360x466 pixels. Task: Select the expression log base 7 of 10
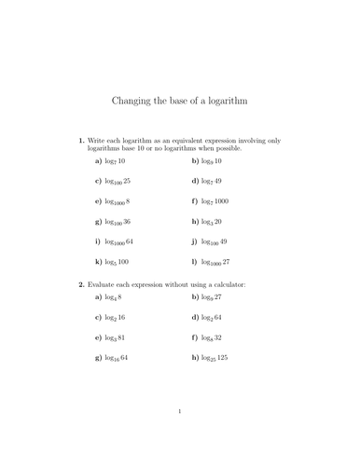pos(116,161)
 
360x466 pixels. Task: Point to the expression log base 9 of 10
pos(211,161)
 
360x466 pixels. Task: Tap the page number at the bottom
pos(180,436)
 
